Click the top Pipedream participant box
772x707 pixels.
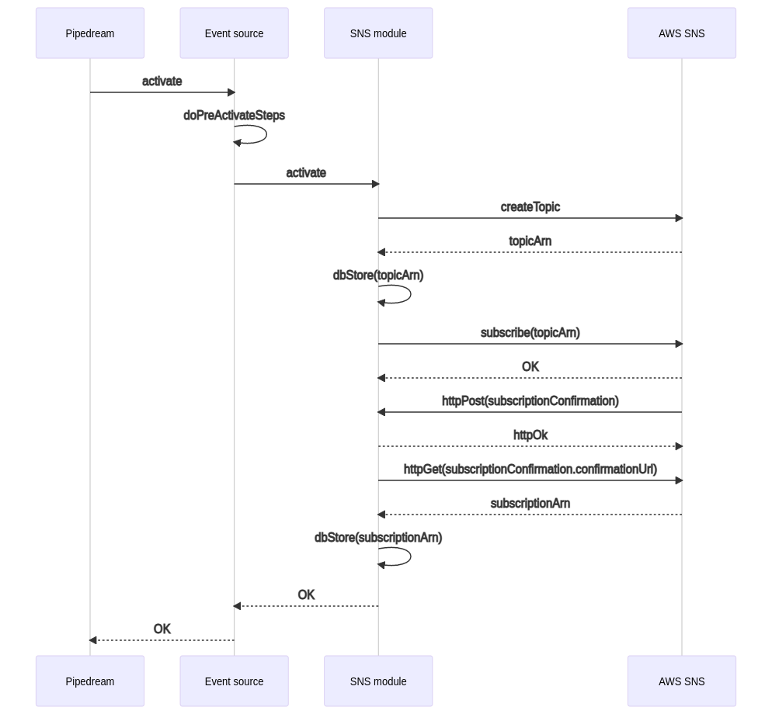90,33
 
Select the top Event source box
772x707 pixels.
235,33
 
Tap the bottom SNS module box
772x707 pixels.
378,681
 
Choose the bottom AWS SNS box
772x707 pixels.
682,681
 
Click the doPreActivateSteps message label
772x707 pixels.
235,115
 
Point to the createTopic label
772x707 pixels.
530,206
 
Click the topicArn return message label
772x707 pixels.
530,241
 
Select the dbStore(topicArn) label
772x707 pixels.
378,275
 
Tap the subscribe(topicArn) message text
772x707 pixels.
530,333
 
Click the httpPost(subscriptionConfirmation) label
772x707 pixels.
530,401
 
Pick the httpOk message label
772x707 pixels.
530,435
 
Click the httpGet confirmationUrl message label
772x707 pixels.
530,470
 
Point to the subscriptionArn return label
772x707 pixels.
530,504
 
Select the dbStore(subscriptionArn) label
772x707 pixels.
378,537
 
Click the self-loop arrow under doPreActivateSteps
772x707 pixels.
266,133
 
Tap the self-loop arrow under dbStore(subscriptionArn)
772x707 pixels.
411,556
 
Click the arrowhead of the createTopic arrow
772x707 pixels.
679,218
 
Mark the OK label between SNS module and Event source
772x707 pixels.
306,594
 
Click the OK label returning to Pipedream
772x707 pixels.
162,629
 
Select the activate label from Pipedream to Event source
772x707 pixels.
162,81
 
